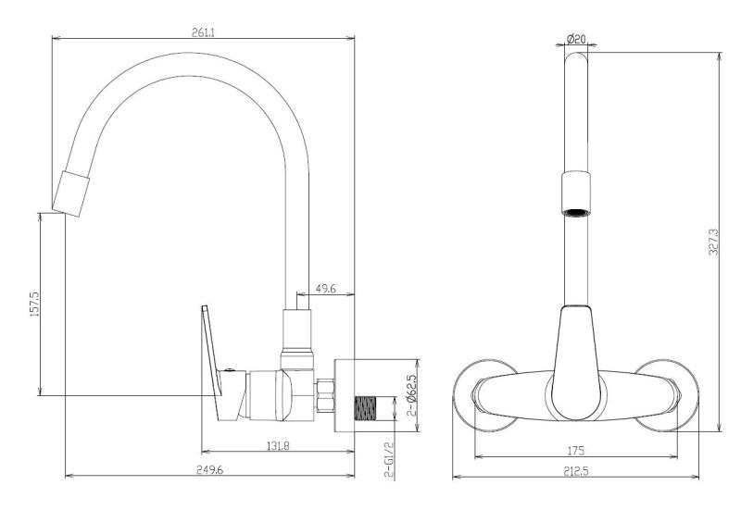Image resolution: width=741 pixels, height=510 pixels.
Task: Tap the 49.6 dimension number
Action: pos(325,290)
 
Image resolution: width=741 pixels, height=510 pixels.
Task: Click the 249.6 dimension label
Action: pos(208,470)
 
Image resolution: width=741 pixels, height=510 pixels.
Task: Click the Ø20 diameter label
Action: pos(575,39)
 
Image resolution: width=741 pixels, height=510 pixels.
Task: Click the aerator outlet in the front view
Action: pos(576,210)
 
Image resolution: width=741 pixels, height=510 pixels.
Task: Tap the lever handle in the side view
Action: pos(212,356)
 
